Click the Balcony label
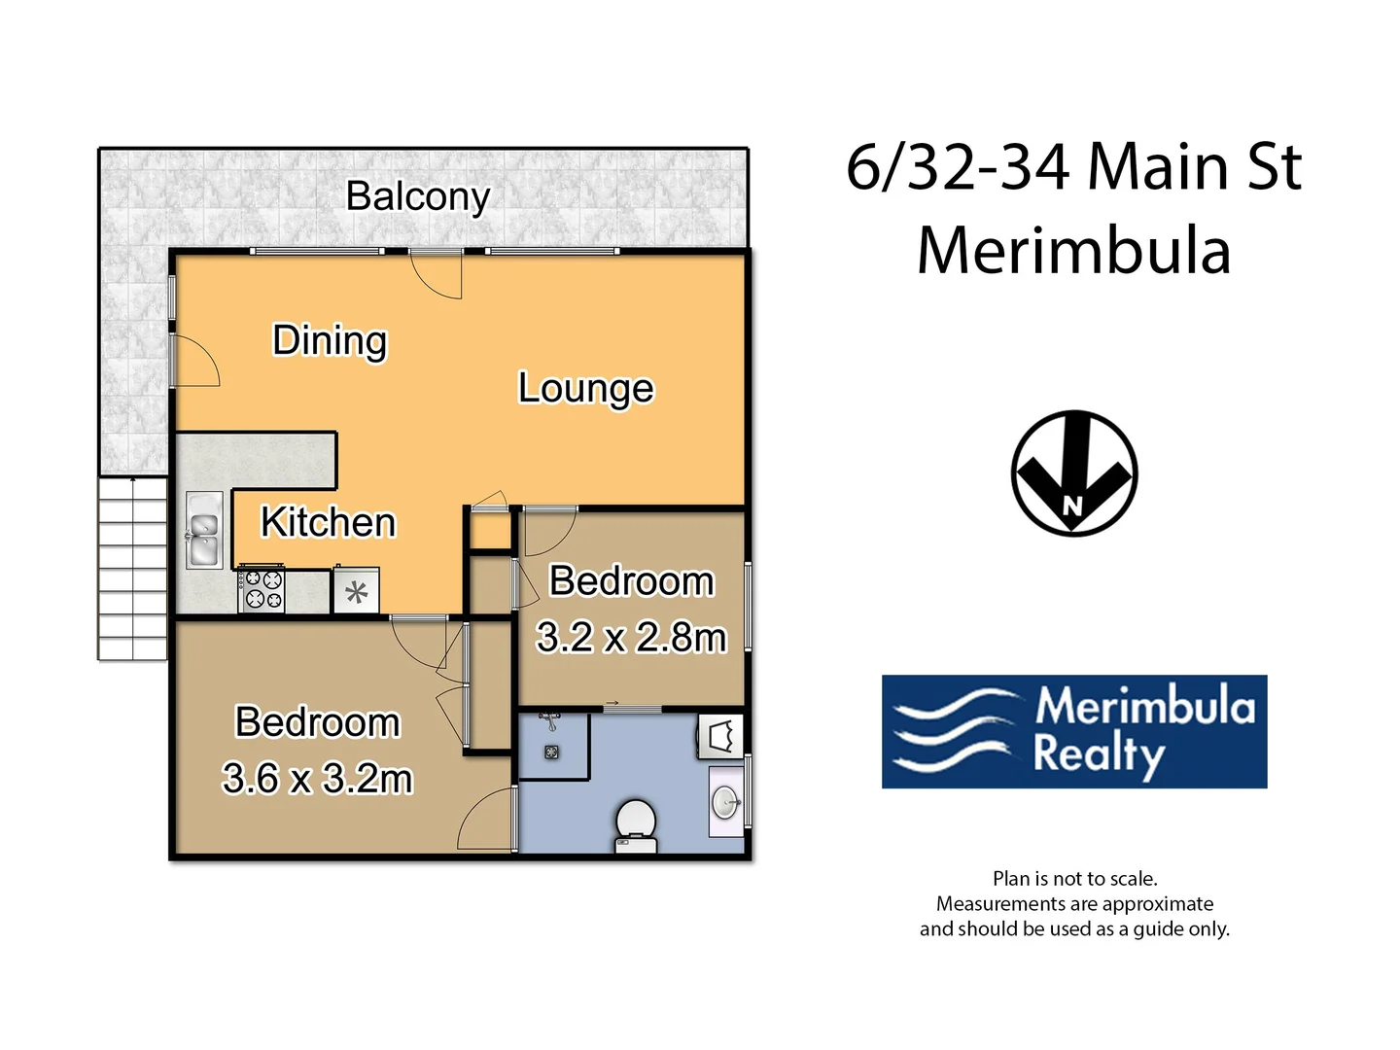pos(418,196)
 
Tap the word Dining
pos(330,341)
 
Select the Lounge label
pos(585,388)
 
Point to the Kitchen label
pos(329,523)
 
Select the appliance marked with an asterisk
pos(356,591)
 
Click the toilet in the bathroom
pos(636,824)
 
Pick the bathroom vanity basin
pos(725,802)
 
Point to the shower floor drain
pos(551,752)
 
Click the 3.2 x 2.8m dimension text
pos(631,638)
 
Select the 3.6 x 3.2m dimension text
pos(317,779)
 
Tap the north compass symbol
pos(1074,473)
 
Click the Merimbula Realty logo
pos(1074,731)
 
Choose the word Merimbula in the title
pos(1073,251)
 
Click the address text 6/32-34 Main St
pos(1073,167)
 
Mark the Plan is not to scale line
pos(1074,879)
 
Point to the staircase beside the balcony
pos(133,569)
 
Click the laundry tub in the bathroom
pos(720,736)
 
